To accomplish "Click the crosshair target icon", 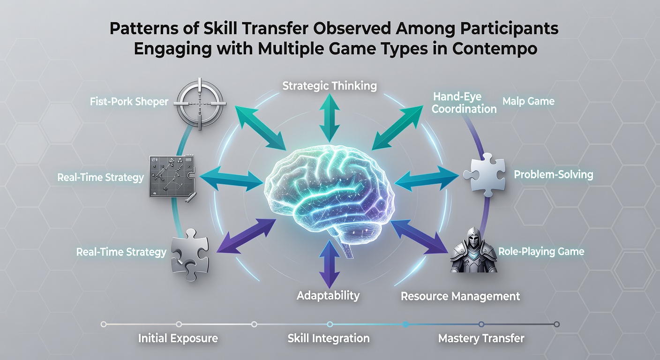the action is point(200,104).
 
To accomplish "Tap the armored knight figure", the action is point(474,250).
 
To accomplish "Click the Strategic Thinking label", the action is point(330,86).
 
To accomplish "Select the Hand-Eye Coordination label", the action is point(464,103).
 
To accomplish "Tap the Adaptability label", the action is point(328,295).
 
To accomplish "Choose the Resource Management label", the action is point(460,296).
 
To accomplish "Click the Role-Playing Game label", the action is point(541,252).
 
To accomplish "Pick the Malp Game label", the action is point(528,101).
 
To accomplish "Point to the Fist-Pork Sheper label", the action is point(129,102).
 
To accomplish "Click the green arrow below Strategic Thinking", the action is point(330,118).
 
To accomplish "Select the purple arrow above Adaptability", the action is point(330,264).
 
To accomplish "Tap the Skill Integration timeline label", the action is point(329,338).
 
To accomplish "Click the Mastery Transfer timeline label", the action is point(481,338).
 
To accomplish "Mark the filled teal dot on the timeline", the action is point(406,324).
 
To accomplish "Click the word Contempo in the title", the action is point(495,49).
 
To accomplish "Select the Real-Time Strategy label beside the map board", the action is point(100,177).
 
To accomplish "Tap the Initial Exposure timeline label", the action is point(178,338).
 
